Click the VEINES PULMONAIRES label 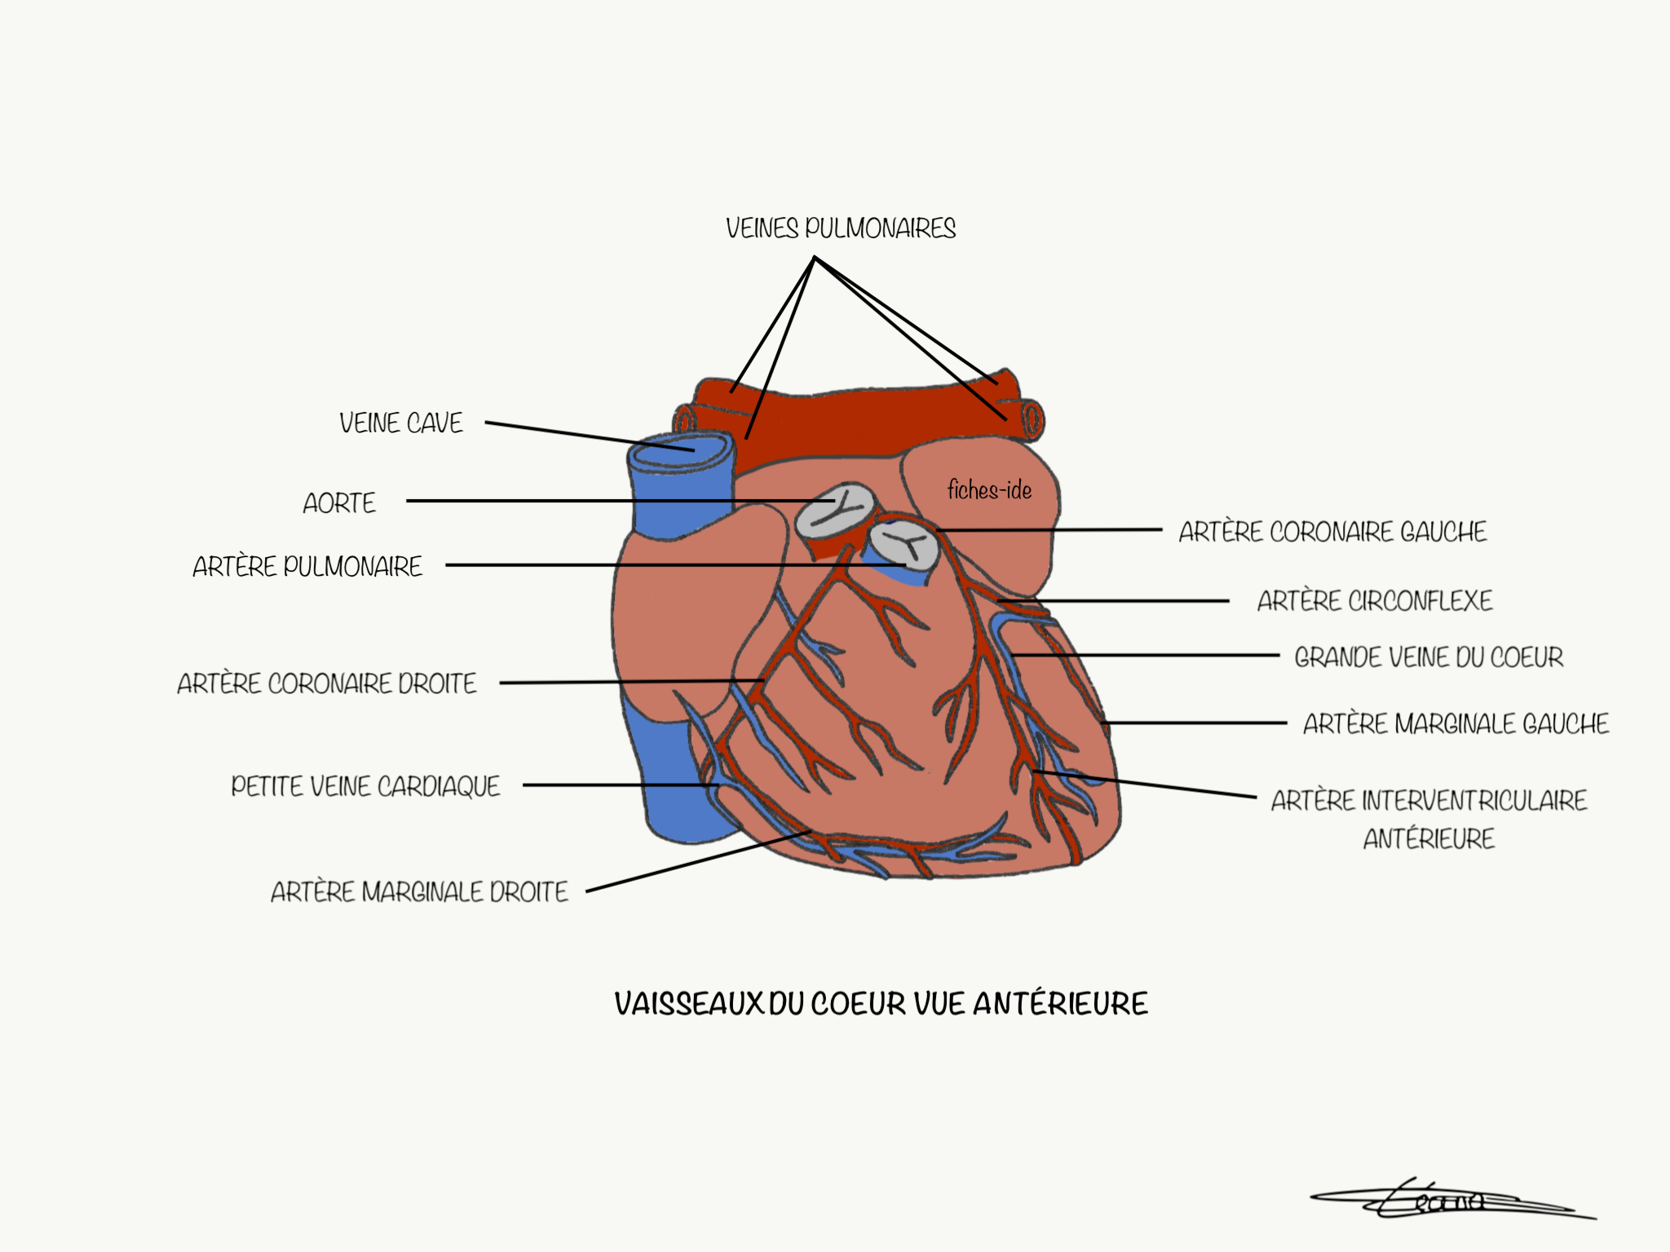click(841, 228)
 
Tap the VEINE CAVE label click(401, 423)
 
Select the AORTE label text click(339, 503)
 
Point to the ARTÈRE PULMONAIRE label click(307, 567)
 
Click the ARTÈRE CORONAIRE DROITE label click(327, 684)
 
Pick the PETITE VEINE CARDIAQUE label click(365, 786)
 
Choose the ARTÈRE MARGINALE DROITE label click(419, 892)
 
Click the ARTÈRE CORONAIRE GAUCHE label click(1332, 532)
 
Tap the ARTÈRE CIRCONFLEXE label click(1375, 601)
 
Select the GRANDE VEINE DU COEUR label click(1429, 657)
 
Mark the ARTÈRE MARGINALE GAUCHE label click(1456, 724)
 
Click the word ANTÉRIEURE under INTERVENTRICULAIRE click(1429, 839)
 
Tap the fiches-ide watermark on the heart click(989, 490)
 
